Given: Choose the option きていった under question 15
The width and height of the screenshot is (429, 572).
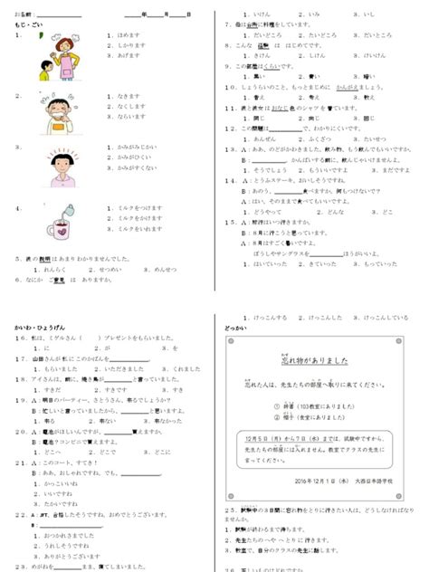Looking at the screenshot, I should click(320, 264).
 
